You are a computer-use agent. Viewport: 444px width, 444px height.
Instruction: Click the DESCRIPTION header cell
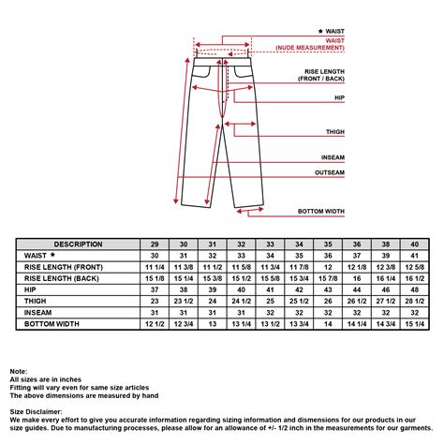coord(78,244)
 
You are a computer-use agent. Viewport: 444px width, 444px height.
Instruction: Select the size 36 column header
coord(357,244)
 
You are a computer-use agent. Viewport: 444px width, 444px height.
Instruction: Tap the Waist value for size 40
coord(415,256)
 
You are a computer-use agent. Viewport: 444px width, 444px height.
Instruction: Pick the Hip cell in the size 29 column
coord(155,289)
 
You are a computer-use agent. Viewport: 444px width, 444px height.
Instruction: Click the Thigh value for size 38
coord(386,302)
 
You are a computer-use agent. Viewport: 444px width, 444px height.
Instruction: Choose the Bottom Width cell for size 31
coord(213,324)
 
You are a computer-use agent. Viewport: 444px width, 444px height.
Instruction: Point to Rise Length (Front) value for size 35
coord(328,267)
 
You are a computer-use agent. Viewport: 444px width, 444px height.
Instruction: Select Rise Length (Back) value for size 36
coord(357,278)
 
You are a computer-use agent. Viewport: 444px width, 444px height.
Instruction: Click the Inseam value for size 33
coord(270,313)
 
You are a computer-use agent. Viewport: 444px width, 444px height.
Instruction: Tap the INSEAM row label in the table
coord(37,313)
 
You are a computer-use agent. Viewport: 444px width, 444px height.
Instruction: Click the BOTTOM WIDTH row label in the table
coord(52,324)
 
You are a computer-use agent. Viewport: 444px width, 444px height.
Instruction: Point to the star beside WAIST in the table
coord(52,255)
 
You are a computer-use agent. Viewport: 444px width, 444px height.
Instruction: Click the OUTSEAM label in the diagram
coord(330,172)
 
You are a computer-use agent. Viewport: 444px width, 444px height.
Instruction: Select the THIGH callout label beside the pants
coord(335,132)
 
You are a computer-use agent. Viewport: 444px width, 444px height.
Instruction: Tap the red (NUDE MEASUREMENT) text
coord(310,48)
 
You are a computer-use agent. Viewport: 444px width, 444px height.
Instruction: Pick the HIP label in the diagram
coord(339,97)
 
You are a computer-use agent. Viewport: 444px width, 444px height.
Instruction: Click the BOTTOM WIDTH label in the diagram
coord(321,212)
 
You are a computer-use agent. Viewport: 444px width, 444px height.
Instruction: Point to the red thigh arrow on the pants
coord(240,124)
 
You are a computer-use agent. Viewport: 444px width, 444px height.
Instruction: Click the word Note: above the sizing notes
coord(19,372)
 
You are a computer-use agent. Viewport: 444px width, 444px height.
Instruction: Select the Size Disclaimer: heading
coord(36,412)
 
